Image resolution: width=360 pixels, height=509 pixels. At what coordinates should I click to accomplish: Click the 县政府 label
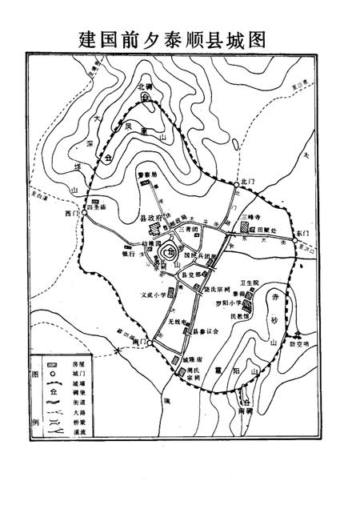coord(152,218)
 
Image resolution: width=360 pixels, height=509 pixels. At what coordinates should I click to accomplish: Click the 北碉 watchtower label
coord(144,86)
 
